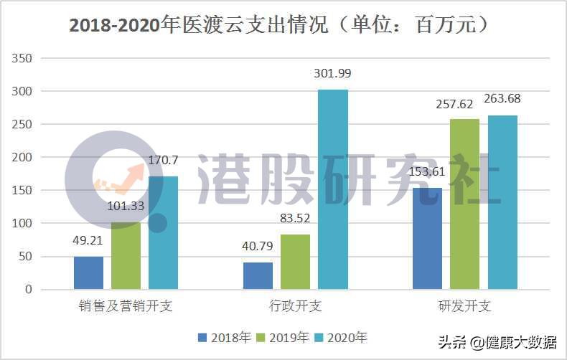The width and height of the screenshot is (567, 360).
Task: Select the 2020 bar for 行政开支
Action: [333, 189]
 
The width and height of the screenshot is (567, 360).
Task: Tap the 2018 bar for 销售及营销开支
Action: [88, 273]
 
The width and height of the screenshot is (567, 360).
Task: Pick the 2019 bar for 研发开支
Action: [465, 204]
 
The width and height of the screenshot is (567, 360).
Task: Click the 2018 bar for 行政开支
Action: [258, 275]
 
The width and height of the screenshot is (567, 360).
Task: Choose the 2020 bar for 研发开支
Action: [502, 202]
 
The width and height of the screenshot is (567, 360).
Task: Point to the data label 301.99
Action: [333, 74]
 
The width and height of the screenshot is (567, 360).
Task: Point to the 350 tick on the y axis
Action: [24, 58]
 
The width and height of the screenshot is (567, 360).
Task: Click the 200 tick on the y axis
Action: [24, 157]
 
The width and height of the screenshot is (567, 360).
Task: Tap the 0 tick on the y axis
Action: [29, 289]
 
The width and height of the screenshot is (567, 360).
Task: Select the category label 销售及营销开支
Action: [126, 306]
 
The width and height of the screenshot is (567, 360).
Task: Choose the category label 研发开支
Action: [465, 306]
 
